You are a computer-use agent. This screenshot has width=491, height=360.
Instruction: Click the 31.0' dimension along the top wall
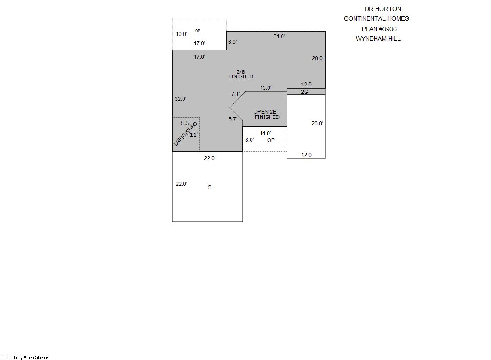(279, 36)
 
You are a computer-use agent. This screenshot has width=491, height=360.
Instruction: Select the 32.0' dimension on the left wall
(180, 99)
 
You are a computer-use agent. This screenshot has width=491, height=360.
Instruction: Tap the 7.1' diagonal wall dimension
(236, 93)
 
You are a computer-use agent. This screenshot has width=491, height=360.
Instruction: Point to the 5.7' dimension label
(233, 119)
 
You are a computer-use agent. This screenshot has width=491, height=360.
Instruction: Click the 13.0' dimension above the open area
(265, 88)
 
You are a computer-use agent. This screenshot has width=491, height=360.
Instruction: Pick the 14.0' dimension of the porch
(265, 133)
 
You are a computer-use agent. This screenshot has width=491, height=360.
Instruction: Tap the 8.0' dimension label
(250, 140)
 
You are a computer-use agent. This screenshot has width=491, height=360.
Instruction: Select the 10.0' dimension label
(181, 34)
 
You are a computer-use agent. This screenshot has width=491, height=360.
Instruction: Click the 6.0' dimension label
(233, 42)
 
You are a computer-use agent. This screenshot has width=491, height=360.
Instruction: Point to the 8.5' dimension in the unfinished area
(186, 123)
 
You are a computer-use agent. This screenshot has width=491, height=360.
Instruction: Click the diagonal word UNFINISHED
(185, 134)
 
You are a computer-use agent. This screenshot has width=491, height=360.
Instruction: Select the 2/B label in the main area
(241, 71)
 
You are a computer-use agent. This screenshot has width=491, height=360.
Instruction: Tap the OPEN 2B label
(265, 112)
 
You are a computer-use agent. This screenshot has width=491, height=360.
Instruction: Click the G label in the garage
(209, 188)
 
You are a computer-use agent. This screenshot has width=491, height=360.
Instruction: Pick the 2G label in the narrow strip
(305, 92)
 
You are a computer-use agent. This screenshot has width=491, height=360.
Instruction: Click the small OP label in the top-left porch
(197, 31)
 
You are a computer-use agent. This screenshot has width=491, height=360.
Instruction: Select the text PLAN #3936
(379, 29)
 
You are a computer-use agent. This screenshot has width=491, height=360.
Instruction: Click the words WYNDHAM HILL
(378, 39)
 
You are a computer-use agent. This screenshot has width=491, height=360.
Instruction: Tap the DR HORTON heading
(383, 9)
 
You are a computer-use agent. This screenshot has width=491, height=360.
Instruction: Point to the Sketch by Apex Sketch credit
(26, 357)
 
